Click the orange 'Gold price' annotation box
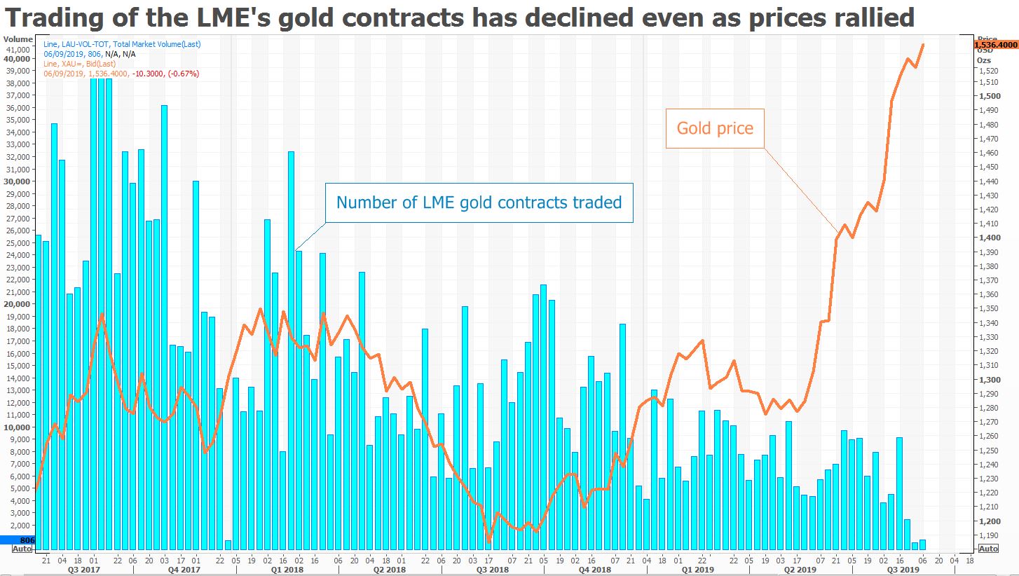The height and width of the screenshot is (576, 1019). coord(715,128)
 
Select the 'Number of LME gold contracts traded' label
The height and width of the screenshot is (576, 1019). coord(479,203)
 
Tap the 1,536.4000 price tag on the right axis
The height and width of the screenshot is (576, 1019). coord(995,45)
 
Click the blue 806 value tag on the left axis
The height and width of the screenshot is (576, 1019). coord(17,540)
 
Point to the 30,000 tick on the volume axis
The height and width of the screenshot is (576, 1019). coord(17,181)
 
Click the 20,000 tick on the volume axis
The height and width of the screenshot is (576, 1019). coord(17,304)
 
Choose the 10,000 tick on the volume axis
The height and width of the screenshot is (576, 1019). coord(17,427)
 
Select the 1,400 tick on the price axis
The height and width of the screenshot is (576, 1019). coord(990,238)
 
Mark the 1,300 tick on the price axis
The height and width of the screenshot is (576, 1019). coord(990,379)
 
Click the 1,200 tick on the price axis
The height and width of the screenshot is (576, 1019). coord(990,521)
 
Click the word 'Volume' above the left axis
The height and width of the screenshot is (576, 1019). coord(18,39)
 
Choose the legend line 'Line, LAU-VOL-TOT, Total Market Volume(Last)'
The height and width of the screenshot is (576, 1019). coord(122,45)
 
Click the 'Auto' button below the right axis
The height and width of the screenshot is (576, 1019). coord(988,549)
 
